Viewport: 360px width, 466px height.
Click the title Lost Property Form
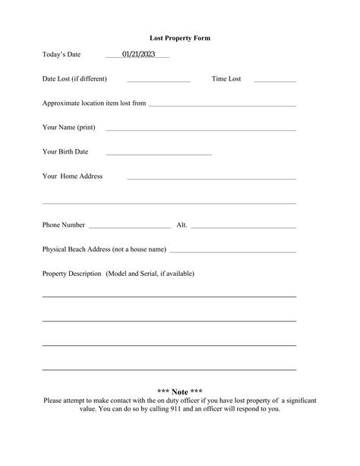tap(180, 37)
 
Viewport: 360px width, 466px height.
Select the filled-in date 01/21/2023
tap(138, 55)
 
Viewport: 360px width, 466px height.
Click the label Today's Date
tap(62, 55)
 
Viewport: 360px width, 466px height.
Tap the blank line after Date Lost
tap(158, 81)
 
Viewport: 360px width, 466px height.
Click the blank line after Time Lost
tap(275, 81)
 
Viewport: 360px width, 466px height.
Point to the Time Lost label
tap(226, 79)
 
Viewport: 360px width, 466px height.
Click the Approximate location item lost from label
tap(94, 103)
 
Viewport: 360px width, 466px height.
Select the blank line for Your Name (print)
tap(201, 128)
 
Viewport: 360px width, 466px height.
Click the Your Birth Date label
tap(65, 151)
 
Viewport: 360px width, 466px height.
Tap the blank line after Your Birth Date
tap(158, 154)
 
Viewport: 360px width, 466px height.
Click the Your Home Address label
tap(72, 176)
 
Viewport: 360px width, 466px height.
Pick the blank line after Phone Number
tap(130, 227)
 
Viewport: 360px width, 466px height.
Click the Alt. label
tap(182, 225)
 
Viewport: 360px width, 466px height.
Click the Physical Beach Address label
tap(104, 249)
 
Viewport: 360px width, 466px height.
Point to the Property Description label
tap(118, 273)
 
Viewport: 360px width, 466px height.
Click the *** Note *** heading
tap(180, 392)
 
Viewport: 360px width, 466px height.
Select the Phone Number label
tap(64, 225)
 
